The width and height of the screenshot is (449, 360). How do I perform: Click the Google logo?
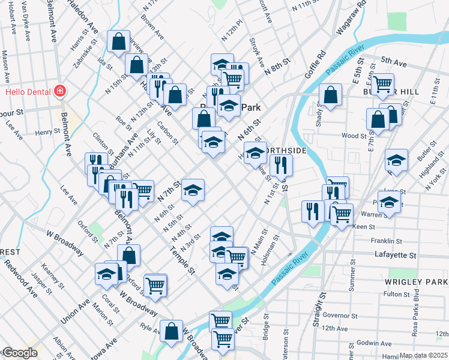19,353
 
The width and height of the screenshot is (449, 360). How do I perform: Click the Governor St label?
340,315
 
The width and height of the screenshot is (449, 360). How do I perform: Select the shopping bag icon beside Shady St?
330,94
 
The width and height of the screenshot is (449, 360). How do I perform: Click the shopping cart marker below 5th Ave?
382,83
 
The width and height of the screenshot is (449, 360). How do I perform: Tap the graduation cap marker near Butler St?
396,160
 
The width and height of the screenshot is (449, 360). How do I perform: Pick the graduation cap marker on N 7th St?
193,190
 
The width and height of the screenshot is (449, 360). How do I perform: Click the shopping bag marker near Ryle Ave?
172,330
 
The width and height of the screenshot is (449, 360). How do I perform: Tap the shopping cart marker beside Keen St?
342,213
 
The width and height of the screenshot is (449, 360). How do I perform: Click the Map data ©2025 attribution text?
424,355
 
